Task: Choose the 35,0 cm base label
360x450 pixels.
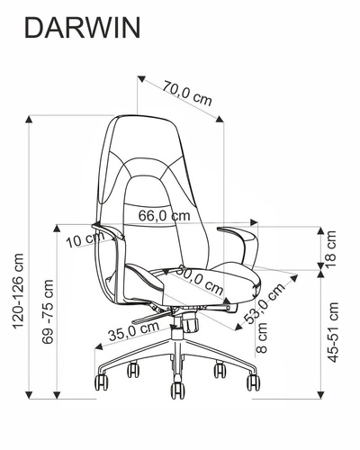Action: coord(127,330)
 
